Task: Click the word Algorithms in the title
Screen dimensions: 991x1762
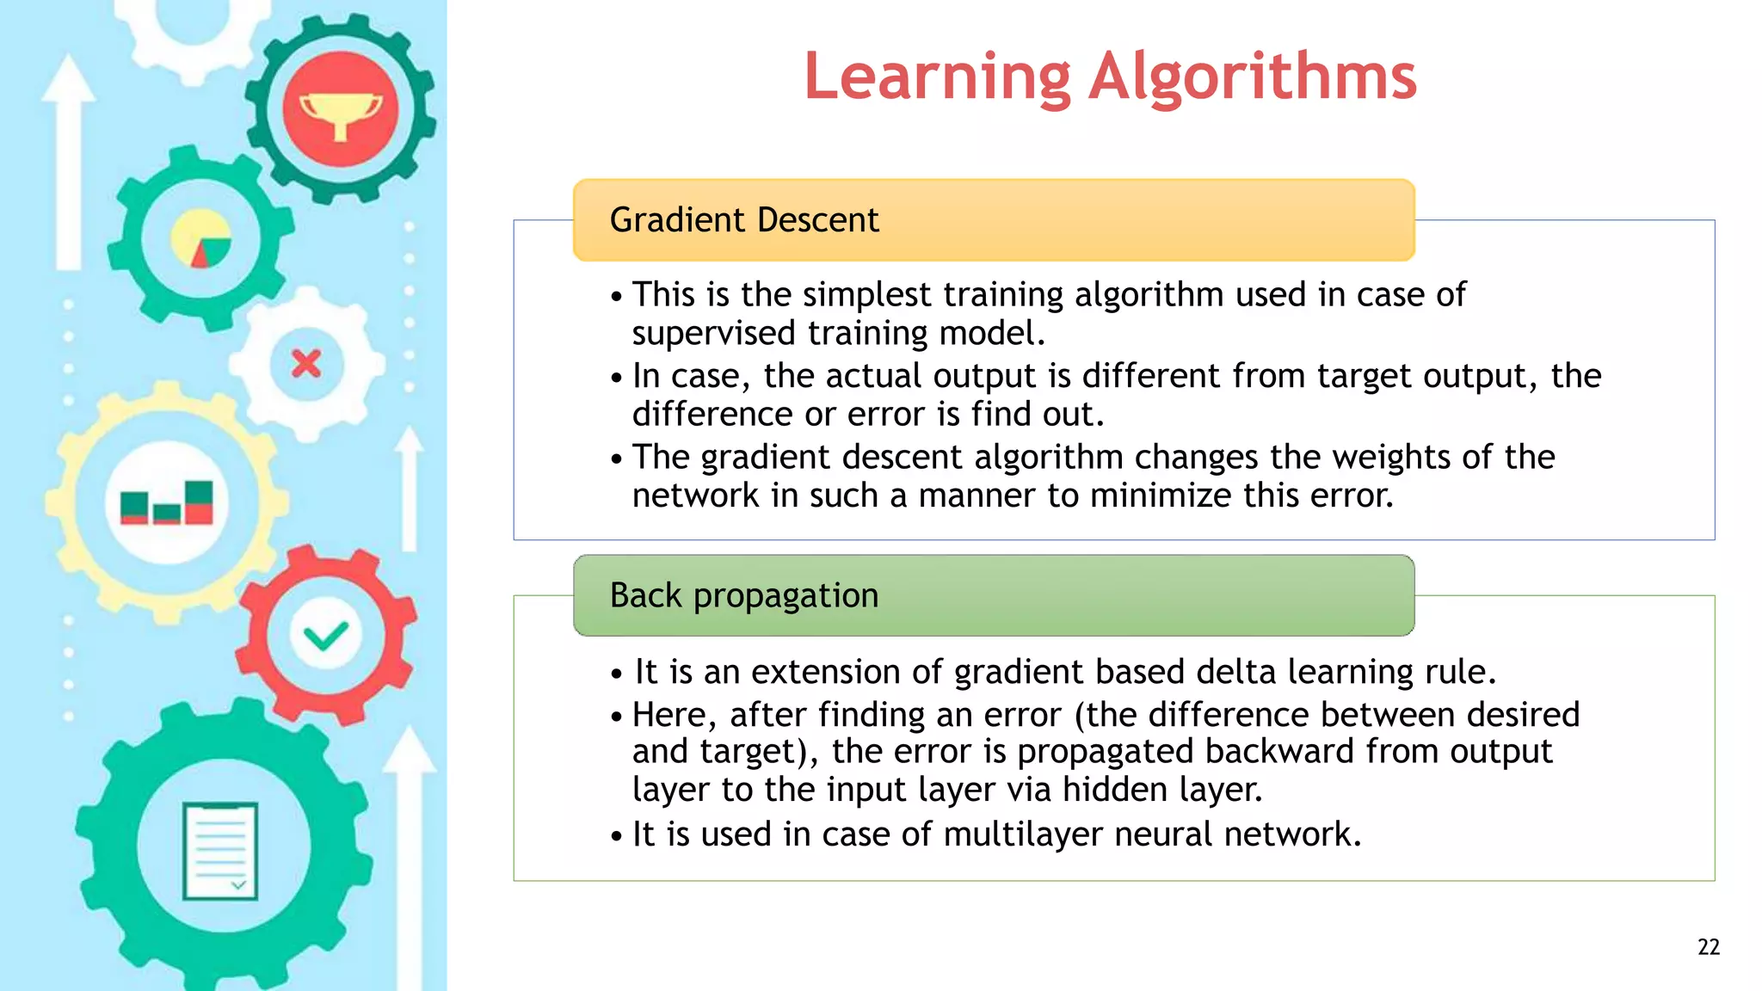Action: pyautogui.click(x=1253, y=77)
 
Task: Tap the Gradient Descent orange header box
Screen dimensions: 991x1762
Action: pyautogui.click(x=994, y=220)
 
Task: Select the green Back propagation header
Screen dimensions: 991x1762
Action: pyautogui.click(x=994, y=595)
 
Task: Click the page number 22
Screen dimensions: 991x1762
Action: pyautogui.click(x=1709, y=947)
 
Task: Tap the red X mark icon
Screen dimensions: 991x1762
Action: pyautogui.click(x=306, y=364)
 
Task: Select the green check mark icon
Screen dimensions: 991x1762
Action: pyautogui.click(x=326, y=637)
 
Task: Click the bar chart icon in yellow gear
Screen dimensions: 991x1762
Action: pyautogui.click(x=167, y=502)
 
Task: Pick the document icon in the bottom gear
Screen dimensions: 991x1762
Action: pyautogui.click(x=221, y=851)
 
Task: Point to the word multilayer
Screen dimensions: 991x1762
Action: pyautogui.click(x=1023, y=834)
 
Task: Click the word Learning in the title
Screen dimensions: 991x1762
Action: pyautogui.click(x=938, y=77)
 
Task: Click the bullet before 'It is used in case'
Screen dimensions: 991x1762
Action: pyautogui.click(x=616, y=836)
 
